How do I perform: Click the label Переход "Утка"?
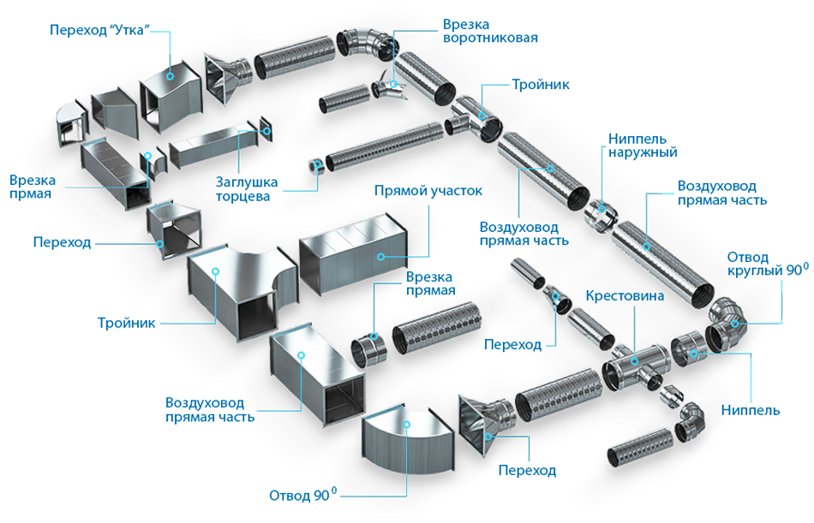100,29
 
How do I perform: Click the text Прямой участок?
428,190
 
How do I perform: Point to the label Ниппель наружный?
643,145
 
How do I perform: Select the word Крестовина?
625,296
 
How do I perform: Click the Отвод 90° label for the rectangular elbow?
302,495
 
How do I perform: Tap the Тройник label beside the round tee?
540,85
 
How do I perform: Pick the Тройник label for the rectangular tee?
126,323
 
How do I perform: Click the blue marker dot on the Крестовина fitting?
635,362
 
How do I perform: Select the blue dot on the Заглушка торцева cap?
267,131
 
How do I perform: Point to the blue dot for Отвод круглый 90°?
733,323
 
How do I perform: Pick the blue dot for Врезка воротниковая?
395,82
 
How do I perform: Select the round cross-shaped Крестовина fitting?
635,366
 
